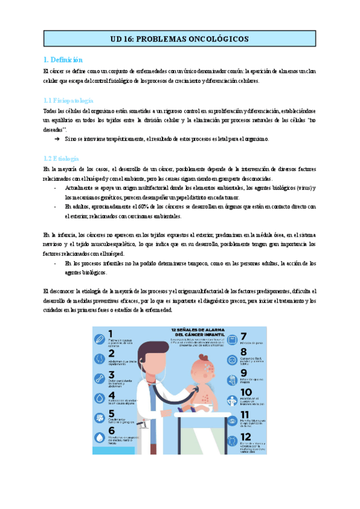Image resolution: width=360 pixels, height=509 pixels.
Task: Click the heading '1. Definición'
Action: (x=63, y=59)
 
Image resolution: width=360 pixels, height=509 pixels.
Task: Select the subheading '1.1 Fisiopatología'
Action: (x=68, y=100)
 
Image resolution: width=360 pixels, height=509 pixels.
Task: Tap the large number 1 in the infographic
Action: (x=111, y=335)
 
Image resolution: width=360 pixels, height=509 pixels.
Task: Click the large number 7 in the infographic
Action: (x=244, y=337)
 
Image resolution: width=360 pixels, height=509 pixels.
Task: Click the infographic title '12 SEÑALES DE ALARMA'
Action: (x=196, y=331)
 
